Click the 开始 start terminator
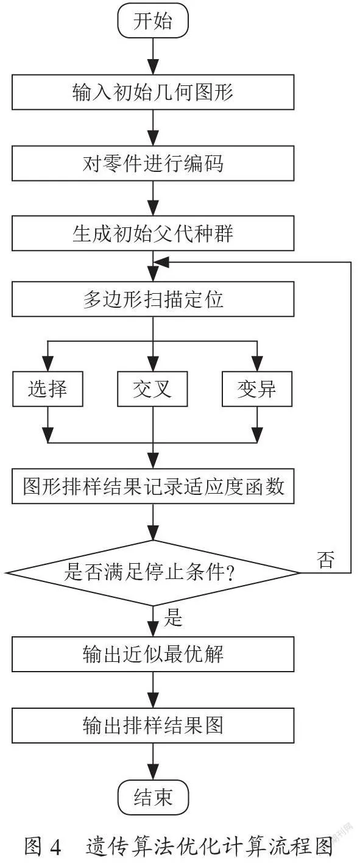tap(153, 21)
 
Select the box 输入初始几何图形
tap(153, 92)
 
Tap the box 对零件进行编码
tap(153, 163)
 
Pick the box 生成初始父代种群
tap(153, 233)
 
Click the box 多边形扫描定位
tap(153, 299)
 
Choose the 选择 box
tap(48, 389)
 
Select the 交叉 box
tap(152, 389)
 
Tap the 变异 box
tap(257, 389)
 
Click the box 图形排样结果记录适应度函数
tap(153, 486)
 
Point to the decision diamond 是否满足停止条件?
tap(153, 573)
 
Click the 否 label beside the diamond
tap(325, 559)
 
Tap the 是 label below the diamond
tap(173, 617)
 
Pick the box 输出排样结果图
tap(153, 725)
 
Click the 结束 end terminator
tap(153, 798)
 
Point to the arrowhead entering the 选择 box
tap(48, 363)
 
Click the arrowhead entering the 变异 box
tap(257, 363)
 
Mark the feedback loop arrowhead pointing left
tap(161, 263)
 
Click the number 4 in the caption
tap(55, 847)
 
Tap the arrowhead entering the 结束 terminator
tap(154, 772)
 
